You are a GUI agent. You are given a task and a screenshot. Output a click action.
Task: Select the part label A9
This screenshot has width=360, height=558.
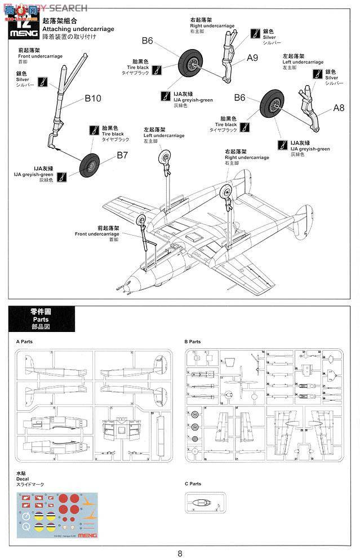tap(252, 57)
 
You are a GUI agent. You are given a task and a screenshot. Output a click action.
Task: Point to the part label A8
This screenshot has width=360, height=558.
tap(339, 108)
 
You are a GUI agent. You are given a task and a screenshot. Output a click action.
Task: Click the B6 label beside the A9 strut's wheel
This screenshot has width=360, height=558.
tap(147, 41)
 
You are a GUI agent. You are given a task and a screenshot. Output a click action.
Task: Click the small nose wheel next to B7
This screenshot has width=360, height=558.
tap(91, 165)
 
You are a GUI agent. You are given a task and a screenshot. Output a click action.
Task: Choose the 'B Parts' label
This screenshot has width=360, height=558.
tap(193, 342)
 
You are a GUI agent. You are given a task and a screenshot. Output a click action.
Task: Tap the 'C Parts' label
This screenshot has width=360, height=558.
tap(193, 484)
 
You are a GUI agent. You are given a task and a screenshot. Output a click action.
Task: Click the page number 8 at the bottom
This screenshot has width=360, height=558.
tap(180, 553)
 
